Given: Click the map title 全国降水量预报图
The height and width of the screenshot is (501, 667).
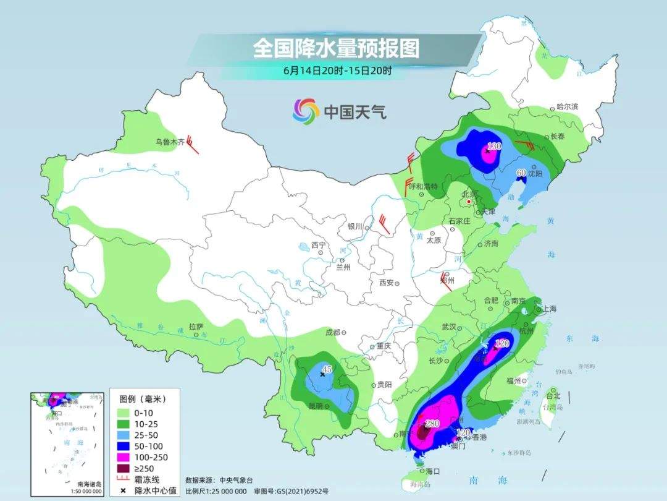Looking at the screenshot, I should tap(336, 48).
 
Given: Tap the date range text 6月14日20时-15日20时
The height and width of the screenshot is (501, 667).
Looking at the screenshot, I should tap(337, 71).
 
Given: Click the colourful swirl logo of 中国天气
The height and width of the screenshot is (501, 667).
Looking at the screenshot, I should tap(306, 111).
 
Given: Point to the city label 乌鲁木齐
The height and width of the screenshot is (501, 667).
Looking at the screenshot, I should tap(170, 142).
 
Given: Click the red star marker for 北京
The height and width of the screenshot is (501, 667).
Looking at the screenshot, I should tap(469, 202).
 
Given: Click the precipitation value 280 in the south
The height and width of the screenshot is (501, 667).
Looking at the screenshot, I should tap(432, 423).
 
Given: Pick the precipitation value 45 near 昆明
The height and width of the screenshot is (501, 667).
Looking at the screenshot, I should tap(327, 369).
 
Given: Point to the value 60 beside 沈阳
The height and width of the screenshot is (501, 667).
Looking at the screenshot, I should tap(521, 173).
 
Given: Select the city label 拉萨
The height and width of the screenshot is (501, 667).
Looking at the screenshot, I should tap(196, 327).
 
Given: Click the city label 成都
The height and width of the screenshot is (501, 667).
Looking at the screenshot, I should tap(332, 332).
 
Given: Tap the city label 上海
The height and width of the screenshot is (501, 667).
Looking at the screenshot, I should tap(549, 309).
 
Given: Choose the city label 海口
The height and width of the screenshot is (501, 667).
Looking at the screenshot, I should tap(433, 471).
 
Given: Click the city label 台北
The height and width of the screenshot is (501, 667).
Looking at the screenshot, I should tap(553, 396).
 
